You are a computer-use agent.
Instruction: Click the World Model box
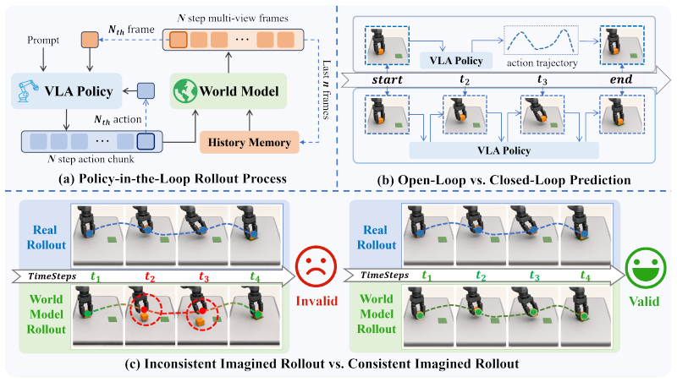228,91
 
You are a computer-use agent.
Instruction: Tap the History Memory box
249,142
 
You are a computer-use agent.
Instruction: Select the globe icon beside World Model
185,91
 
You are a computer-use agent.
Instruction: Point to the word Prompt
43,40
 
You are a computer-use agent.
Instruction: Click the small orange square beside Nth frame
90,40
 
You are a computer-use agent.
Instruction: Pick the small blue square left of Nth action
146,91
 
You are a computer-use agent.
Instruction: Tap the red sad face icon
316,267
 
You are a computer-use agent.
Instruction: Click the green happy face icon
646,267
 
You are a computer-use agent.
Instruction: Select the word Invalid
316,301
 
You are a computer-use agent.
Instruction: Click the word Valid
644,301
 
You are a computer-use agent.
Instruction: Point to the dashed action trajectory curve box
541,40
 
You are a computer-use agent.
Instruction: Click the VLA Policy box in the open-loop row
456,60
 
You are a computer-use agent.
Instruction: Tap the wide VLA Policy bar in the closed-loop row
504,150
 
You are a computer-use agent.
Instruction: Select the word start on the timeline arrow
387,79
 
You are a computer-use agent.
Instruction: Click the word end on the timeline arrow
621,79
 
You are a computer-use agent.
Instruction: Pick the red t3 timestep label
204,276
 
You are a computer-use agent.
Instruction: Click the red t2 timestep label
150,276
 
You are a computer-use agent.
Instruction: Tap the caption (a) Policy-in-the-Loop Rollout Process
173,178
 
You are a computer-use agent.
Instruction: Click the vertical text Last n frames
327,90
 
